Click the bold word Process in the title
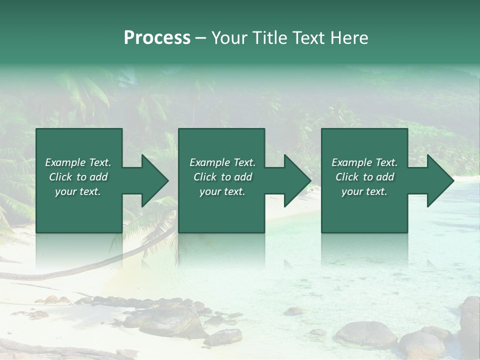click(x=157, y=38)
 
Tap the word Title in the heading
click(x=269, y=38)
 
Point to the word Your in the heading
click(x=230, y=38)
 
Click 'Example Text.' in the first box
click(x=78, y=162)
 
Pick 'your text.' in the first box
click(x=78, y=191)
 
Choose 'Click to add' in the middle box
click(x=222, y=177)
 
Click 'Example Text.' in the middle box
click(x=222, y=162)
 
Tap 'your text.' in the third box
click(x=364, y=191)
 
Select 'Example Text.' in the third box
click(x=364, y=162)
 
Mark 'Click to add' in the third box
click(x=364, y=177)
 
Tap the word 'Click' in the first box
click(x=60, y=177)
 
